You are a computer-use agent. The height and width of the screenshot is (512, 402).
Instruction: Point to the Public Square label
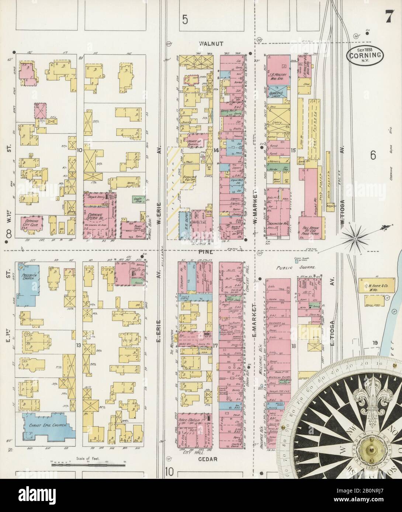[x=295, y=269]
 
